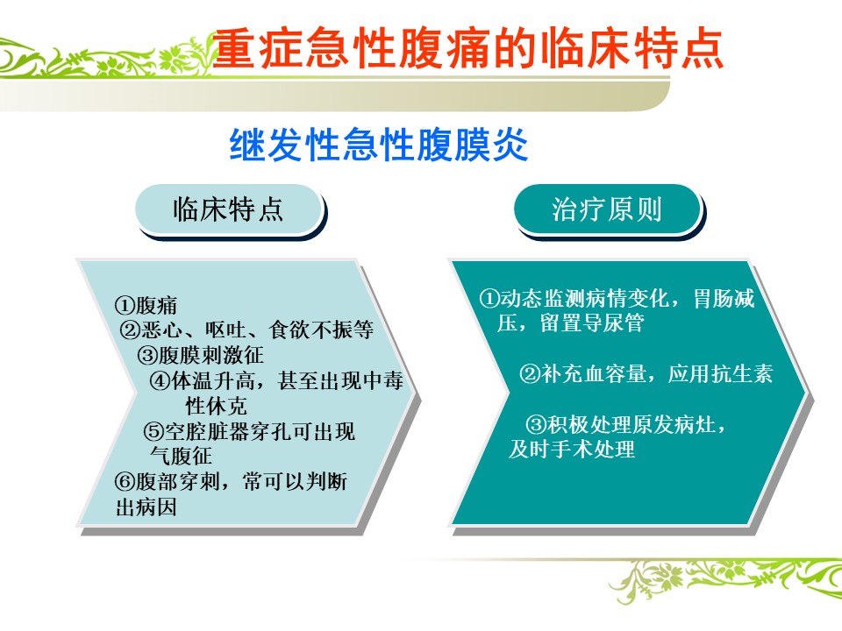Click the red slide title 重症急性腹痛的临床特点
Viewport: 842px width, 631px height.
coord(467,49)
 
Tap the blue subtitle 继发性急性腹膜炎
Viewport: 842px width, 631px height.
coord(379,144)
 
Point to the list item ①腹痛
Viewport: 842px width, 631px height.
coord(146,305)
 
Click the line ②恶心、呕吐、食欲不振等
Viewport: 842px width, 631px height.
coord(246,330)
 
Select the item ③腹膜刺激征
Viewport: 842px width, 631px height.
coord(200,355)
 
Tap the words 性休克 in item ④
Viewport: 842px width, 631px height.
coord(217,406)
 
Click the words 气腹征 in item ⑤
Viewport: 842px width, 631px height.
coord(181,456)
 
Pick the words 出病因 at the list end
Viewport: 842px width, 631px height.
coord(146,507)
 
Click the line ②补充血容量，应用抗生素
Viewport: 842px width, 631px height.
coord(646,373)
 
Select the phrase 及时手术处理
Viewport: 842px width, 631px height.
coord(572,449)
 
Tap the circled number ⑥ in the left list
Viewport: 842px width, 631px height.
coord(124,482)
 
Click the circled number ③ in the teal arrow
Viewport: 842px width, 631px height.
coord(536,425)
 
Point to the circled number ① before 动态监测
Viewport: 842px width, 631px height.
coord(489,298)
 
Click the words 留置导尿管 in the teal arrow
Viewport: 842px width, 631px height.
coord(592,323)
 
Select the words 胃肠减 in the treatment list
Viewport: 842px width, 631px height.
coord(724,298)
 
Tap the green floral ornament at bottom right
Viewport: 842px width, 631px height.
coord(726,580)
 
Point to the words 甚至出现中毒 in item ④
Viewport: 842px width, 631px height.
coord(340,380)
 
